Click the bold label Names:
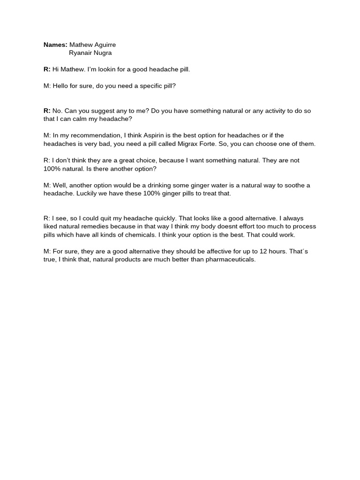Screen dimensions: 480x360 [x=55, y=45]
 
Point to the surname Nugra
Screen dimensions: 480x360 [x=103, y=52]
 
